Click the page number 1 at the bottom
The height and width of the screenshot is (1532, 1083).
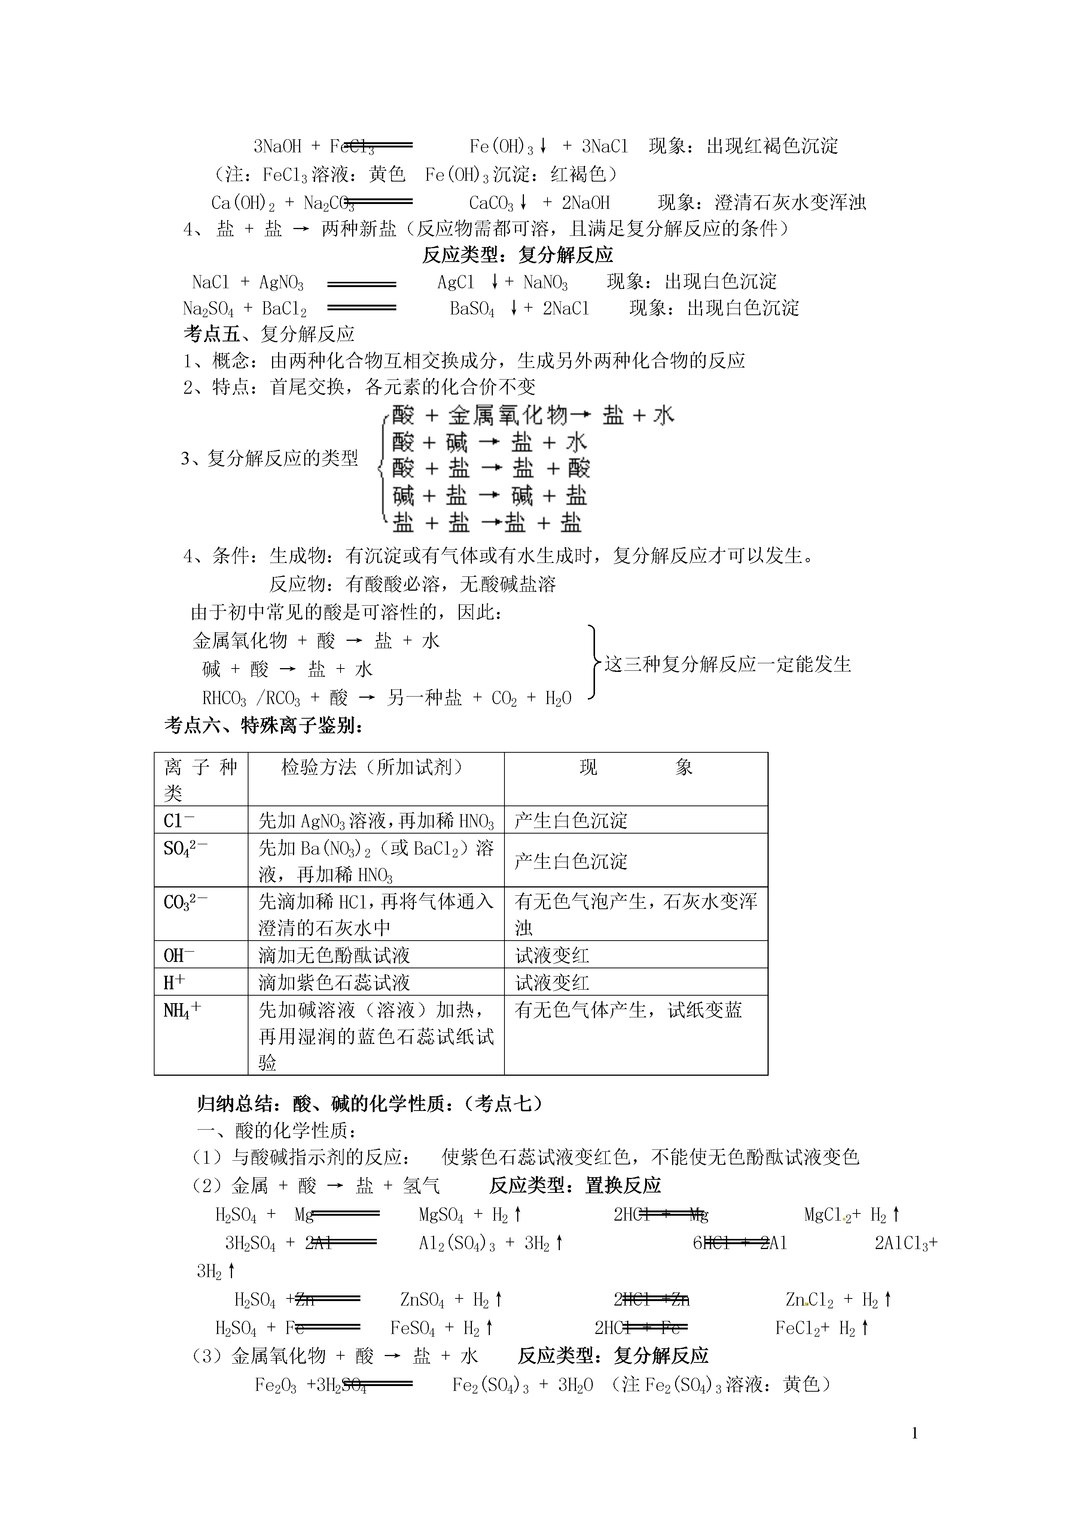914,1432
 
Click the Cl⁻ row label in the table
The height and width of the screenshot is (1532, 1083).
179,820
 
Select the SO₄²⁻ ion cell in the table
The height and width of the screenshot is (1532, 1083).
186,848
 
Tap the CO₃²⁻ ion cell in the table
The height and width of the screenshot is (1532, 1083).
186,902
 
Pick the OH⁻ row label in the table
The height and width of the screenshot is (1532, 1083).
179,956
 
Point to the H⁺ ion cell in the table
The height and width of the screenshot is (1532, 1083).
175,982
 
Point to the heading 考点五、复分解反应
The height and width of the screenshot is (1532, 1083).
269,333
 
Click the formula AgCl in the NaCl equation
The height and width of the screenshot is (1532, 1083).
456,282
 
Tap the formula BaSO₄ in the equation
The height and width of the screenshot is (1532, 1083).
472,309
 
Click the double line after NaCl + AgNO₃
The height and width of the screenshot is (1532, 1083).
361,284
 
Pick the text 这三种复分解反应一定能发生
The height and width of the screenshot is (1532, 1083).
727,665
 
